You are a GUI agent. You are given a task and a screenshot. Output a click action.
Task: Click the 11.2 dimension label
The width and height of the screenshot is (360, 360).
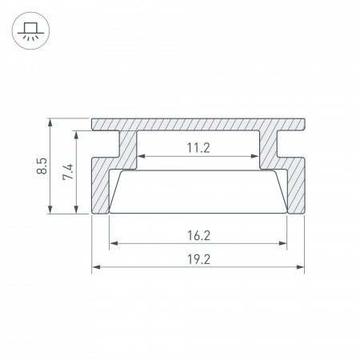pos(198,148)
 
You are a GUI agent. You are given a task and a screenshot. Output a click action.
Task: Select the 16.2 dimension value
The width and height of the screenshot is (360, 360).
pos(198,236)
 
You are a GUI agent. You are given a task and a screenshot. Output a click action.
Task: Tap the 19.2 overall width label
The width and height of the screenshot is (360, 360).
pos(198,259)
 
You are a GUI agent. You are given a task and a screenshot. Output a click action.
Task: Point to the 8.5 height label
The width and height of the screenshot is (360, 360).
pos(42,166)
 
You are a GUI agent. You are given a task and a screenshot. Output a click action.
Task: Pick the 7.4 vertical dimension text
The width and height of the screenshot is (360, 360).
pos(68,172)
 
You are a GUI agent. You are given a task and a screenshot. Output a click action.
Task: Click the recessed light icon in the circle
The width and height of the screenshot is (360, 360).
pos(30,31)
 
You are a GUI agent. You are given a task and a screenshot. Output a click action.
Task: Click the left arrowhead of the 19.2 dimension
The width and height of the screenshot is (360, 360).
pos(96,267)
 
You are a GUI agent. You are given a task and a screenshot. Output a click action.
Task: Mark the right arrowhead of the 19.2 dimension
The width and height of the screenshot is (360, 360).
pos(300,267)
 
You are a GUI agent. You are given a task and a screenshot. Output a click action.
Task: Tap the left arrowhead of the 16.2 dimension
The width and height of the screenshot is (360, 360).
pos(114,243)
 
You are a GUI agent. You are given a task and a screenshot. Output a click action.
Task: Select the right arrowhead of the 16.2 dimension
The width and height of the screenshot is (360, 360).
pos(282,243)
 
